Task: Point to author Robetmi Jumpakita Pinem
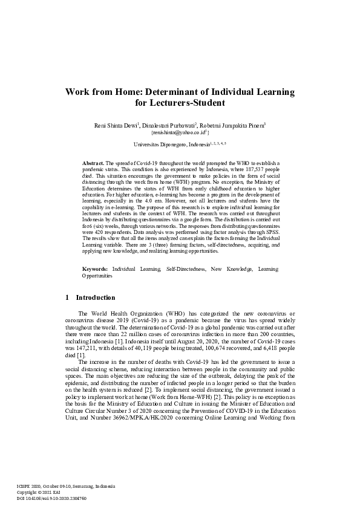coord(237,125)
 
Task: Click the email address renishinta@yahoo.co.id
coord(179,132)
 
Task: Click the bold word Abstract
coord(93,163)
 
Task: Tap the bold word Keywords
coord(95,268)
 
